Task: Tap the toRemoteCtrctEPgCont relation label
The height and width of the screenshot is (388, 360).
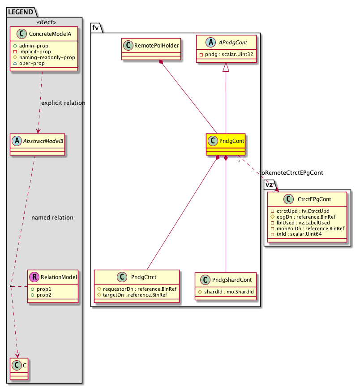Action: tap(291, 172)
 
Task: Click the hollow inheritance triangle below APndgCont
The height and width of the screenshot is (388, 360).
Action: tap(226, 67)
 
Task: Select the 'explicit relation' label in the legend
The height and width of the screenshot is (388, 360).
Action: tap(63, 103)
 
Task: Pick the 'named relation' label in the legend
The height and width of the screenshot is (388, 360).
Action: tap(52, 218)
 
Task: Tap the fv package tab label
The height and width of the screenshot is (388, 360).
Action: tap(95, 27)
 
